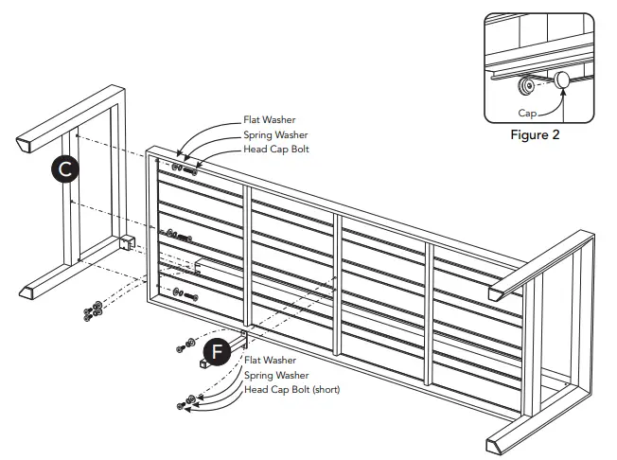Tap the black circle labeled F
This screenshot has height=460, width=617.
point(218,350)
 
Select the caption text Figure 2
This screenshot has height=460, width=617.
point(537,134)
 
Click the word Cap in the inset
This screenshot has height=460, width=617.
point(519,111)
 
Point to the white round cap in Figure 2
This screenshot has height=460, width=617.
point(562,81)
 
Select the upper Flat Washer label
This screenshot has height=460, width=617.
point(270,120)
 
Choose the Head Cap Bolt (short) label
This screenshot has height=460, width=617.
point(291,389)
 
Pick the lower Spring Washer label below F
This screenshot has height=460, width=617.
point(274,375)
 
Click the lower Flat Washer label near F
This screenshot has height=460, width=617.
point(270,361)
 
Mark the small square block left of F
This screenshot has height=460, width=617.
point(203,361)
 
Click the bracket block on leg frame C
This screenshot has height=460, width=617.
point(129,242)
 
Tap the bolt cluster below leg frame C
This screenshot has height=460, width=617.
point(92,310)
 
